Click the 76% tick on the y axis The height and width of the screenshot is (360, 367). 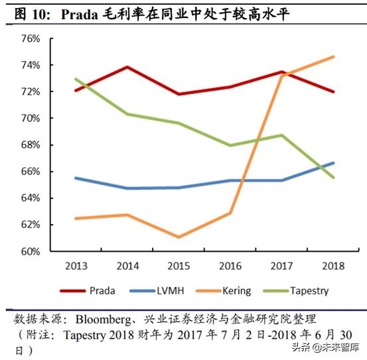[31, 38]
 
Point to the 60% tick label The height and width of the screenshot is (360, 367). [31, 251]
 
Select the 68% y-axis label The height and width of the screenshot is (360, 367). [31, 145]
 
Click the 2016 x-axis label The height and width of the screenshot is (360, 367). [230, 267]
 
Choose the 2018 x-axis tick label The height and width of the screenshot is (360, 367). [333, 267]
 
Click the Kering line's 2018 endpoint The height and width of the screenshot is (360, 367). [333, 57]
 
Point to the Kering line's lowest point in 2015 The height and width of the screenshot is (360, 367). [179, 237]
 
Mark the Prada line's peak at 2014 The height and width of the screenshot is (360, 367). [127, 67]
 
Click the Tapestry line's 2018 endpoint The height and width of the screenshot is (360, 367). [333, 178]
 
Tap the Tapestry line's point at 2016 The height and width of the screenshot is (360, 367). [230, 145]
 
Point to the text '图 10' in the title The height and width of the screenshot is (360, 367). [31, 13]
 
